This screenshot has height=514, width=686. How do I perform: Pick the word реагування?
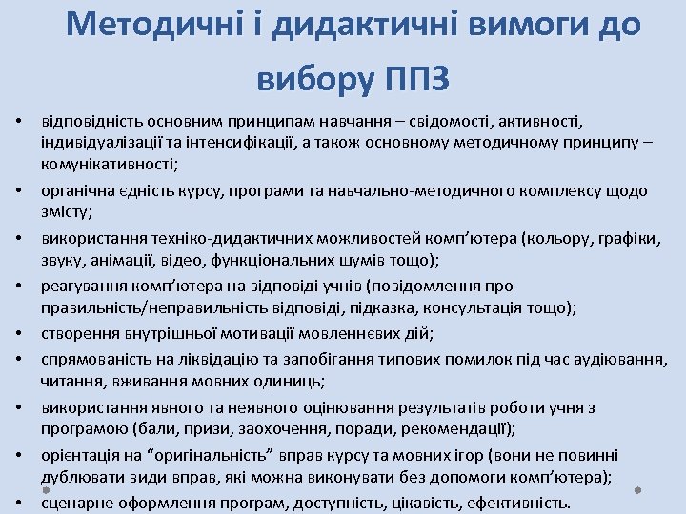click(80, 286)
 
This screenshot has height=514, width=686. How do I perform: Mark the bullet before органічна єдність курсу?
click(19, 192)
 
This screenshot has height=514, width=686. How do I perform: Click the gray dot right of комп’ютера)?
click(638, 491)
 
